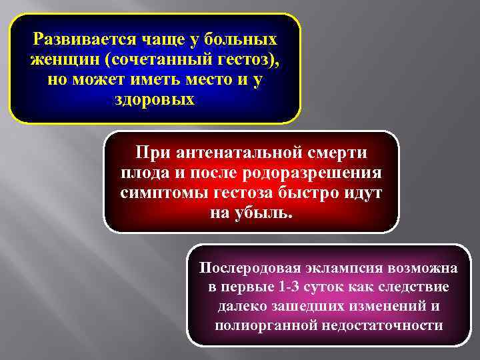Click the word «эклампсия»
(341, 269)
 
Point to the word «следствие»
(417, 288)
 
